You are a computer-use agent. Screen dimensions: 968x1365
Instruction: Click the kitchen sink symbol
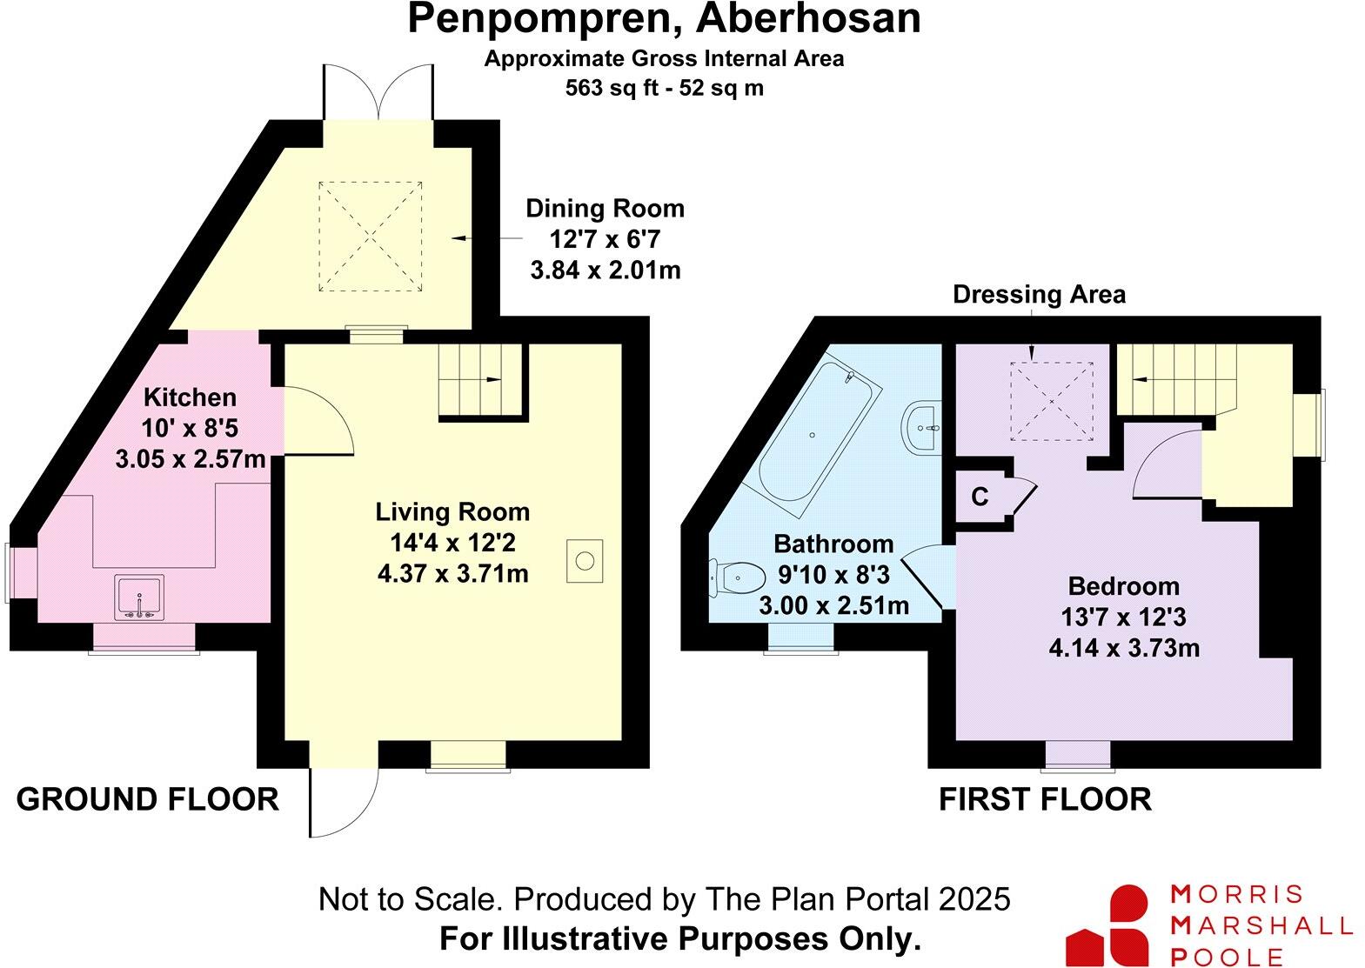139,597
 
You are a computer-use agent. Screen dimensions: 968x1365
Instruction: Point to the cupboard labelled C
980,497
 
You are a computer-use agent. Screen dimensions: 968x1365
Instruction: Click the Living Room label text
452,511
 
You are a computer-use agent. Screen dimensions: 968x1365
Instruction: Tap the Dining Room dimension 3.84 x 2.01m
606,270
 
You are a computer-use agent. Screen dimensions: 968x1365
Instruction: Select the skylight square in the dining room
371,236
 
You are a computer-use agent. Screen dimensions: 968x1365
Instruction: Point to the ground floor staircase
480,380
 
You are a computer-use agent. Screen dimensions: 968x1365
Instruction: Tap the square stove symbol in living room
585,561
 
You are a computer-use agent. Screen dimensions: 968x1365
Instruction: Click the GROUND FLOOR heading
148,798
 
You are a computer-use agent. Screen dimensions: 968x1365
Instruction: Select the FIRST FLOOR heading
1045,798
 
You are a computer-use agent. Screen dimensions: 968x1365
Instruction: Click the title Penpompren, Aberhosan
664,19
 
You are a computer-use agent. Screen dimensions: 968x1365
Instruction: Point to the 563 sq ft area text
664,88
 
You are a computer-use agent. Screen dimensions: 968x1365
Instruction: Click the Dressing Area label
1039,295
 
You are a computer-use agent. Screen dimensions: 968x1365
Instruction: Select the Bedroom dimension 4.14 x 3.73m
1124,648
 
